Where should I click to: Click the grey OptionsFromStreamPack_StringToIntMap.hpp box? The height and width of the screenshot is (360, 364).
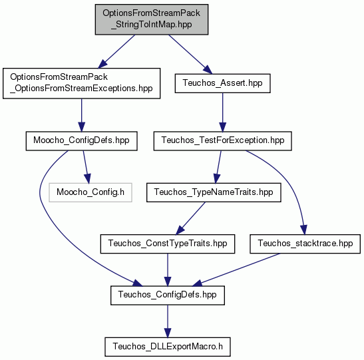click(152, 19)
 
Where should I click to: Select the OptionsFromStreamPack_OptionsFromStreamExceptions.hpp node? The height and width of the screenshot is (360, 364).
click(81, 83)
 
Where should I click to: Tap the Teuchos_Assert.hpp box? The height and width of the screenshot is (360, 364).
click(223, 83)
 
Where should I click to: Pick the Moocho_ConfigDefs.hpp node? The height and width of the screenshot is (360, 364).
click(81, 141)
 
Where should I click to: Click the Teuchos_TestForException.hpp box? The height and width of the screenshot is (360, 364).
click(223, 141)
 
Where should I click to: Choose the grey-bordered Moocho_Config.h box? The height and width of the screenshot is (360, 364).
click(91, 192)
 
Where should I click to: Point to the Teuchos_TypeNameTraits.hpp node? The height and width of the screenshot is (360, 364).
click(214, 192)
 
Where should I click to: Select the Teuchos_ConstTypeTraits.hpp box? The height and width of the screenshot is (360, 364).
click(168, 244)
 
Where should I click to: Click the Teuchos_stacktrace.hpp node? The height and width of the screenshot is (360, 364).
click(305, 244)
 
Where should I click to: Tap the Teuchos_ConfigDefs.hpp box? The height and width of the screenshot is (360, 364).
click(168, 295)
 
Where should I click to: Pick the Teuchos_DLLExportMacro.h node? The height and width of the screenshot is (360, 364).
click(168, 347)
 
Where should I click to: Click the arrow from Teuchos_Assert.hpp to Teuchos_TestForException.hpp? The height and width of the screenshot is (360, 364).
click(223, 112)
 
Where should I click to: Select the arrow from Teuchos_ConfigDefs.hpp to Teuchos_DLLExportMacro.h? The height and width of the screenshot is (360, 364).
click(168, 321)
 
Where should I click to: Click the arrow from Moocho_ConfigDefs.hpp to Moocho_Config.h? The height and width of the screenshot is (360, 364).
click(85, 166)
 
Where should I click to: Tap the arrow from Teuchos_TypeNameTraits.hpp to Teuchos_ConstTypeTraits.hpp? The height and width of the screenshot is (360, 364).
click(191, 218)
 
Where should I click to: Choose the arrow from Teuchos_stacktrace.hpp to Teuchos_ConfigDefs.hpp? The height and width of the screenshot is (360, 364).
click(237, 270)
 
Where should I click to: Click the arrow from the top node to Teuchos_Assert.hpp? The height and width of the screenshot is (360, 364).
click(190, 55)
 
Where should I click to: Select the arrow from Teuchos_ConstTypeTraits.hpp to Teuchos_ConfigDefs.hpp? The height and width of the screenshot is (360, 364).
click(168, 270)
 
